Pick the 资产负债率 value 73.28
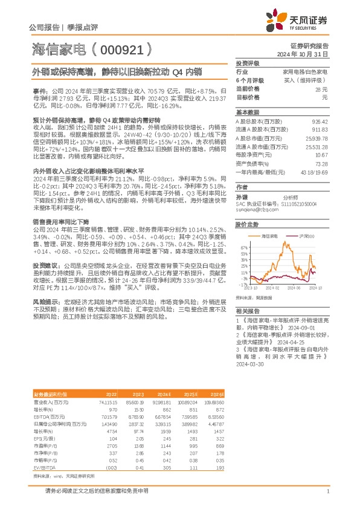pos(321,164)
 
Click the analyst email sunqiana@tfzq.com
pos(253,210)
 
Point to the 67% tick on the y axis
pos(244,247)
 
